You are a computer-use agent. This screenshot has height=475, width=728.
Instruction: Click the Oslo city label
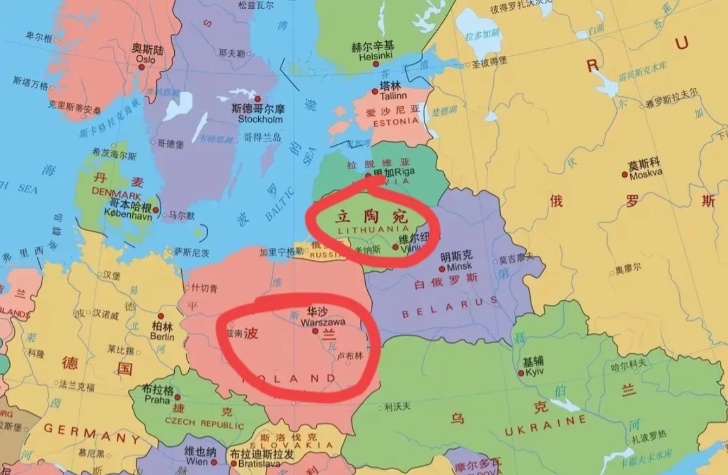click(x=146, y=60)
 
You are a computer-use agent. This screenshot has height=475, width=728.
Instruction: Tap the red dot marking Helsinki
click(x=375, y=64)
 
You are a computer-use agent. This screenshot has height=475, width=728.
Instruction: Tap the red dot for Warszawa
click(x=315, y=330)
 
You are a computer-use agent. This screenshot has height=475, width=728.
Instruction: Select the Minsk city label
click(x=459, y=267)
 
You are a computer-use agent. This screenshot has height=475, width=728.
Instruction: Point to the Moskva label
click(x=646, y=173)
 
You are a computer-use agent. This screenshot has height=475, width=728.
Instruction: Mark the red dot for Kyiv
click(x=521, y=373)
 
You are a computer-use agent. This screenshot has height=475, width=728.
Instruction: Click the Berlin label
click(x=163, y=337)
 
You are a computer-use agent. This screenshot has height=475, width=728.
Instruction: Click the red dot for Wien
click(x=215, y=463)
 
